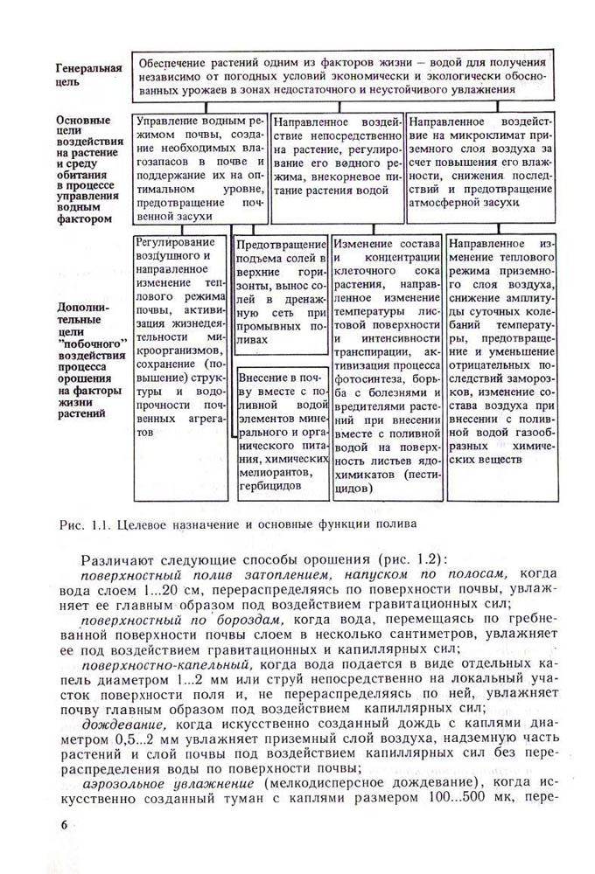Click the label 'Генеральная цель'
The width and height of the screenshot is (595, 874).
(87, 74)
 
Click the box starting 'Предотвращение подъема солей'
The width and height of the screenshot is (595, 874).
(281, 289)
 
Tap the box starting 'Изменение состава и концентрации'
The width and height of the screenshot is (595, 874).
(386, 366)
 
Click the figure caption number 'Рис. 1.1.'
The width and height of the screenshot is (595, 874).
(82, 524)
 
